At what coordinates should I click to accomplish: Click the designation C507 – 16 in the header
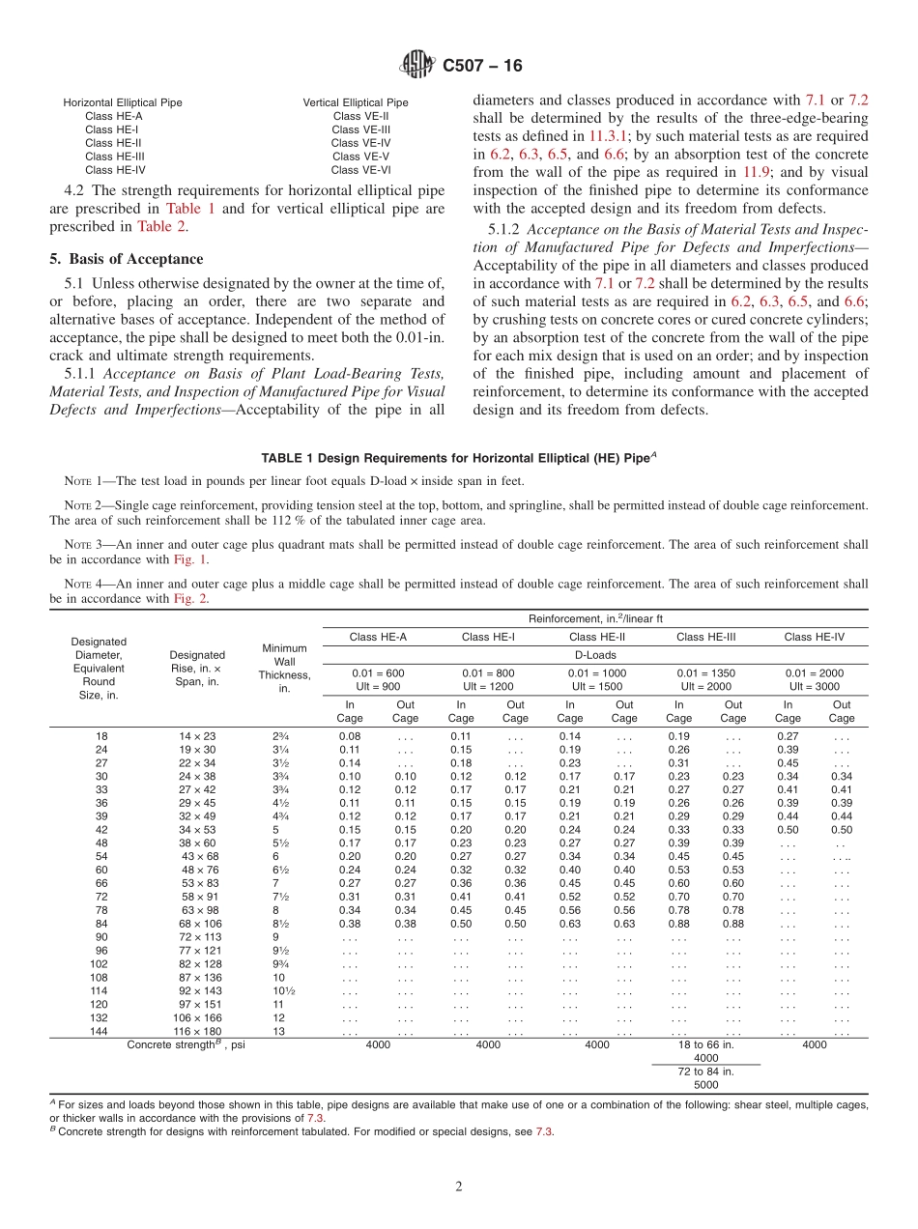pos(482,66)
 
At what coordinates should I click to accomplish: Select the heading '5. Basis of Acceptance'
pos(127,259)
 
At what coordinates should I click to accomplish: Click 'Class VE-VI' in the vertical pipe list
pos(360,170)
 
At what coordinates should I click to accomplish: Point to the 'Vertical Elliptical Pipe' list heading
pos(356,102)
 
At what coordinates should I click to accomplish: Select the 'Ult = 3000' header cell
pos(814,686)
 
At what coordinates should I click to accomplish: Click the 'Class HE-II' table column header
pos(597,637)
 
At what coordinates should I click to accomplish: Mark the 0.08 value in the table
pos(349,736)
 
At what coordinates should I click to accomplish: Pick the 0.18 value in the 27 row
pos(460,762)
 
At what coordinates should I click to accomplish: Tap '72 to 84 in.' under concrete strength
pos(706,1071)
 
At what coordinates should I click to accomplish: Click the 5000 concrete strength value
pos(706,1084)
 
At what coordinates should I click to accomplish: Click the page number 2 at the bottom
pos(459,1186)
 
